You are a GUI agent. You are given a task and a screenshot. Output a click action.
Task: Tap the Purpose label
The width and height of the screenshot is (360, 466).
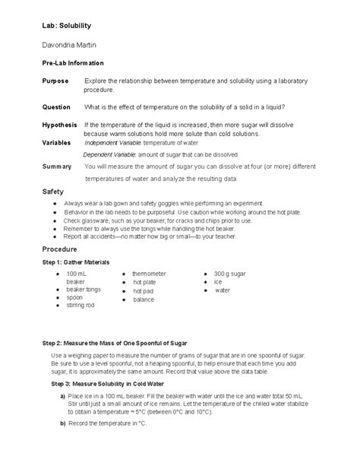(x=55, y=81)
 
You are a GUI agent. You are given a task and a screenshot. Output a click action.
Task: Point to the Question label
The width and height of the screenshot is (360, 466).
(x=55, y=106)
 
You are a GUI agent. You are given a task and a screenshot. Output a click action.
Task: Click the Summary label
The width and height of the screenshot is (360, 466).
(x=56, y=166)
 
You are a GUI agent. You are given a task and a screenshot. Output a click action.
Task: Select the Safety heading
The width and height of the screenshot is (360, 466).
(x=53, y=192)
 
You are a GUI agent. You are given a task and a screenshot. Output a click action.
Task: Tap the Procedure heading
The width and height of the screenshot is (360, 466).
(x=60, y=249)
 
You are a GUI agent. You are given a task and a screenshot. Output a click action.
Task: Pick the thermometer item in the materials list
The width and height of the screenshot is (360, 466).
(x=149, y=273)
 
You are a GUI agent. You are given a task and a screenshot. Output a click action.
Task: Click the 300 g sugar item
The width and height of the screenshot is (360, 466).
(x=230, y=273)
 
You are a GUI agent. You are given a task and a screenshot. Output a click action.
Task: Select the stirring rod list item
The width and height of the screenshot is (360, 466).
(x=80, y=306)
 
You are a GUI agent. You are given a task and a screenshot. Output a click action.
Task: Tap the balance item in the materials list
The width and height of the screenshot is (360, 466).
(x=144, y=300)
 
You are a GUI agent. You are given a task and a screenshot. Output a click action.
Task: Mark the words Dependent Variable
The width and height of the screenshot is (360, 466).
(x=111, y=154)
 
